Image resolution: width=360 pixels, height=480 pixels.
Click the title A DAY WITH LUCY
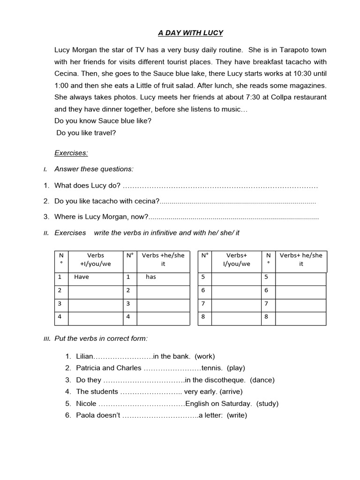click(190, 33)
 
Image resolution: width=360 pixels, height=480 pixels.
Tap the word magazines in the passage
click(306, 86)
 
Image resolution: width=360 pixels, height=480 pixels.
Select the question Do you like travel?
click(86, 133)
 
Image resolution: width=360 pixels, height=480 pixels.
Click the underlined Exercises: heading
click(71, 153)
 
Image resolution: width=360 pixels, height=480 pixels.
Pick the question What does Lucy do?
click(87, 186)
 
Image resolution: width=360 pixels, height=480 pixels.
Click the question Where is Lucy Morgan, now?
click(101, 217)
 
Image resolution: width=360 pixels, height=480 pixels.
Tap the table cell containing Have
click(96, 277)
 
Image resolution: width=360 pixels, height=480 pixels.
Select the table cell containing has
click(163, 277)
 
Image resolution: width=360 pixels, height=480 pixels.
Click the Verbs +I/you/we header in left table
click(96, 260)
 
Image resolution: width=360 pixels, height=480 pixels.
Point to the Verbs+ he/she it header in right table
click(301, 260)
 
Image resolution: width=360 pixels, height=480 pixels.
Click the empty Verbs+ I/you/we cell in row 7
click(236, 304)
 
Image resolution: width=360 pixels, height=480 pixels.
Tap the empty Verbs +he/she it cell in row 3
click(163, 304)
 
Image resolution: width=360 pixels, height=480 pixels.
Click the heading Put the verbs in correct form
click(101, 338)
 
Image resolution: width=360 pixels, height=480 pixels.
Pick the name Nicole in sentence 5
click(86, 404)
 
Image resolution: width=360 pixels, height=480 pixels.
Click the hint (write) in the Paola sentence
click(237, 415)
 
